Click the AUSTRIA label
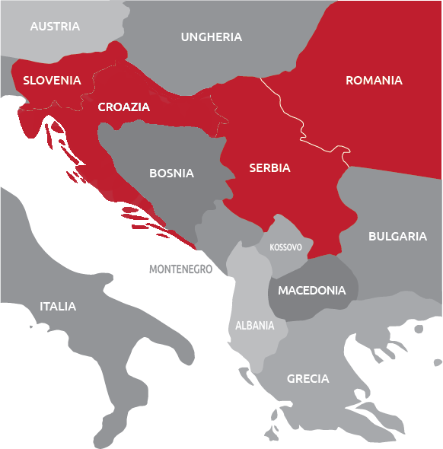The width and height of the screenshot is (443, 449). pyautogui.click(x=55, y=27)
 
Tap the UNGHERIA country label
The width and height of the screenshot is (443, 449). pyautogui.click(x=212, y=37)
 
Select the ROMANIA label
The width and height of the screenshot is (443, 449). pyautogui.click(x=374, y=80)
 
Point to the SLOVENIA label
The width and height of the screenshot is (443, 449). pyautogui.click(x=52, y=80)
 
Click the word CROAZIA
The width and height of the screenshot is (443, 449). pyautogui.click(x=124, y=107)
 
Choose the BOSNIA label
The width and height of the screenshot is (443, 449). pyautogui.click(x=171, y=173)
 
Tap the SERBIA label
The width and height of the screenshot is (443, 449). pyautogui.click(x=269, y=168)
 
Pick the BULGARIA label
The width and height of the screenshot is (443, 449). pyautogui.click(x=397, y=236)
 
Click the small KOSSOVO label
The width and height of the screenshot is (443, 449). pyautogui.click(x=285, y=247)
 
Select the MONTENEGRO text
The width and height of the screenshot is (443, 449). pyautogui.click(x=180, y=269)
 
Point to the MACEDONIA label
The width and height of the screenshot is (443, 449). pyautogui.click(x=311, y=290)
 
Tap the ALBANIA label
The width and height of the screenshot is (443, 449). pyautogui.click(x=254, y=325)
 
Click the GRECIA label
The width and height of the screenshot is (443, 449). pyautogui.click(x=308, y=378)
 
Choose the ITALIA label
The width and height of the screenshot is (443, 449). pyautogui.click(x=58, y=306)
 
